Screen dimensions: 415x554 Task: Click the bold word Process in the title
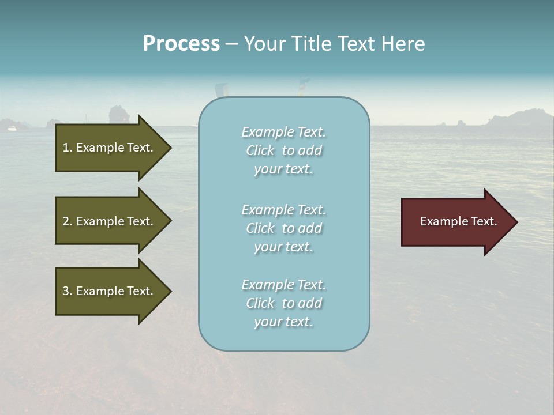181,43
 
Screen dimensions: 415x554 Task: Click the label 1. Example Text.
107,148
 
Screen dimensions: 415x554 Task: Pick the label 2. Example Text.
107,221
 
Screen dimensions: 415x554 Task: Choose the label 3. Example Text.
107,291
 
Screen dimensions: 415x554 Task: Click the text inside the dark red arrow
458,221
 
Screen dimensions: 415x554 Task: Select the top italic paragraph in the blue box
283,150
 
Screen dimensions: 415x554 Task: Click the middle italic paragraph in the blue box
283,228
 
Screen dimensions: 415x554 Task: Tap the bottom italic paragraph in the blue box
283,303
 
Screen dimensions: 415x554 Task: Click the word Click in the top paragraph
260,150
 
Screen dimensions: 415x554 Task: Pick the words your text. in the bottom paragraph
283,322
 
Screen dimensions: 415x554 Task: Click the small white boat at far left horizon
12,128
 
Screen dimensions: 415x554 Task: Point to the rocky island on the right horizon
519,118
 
